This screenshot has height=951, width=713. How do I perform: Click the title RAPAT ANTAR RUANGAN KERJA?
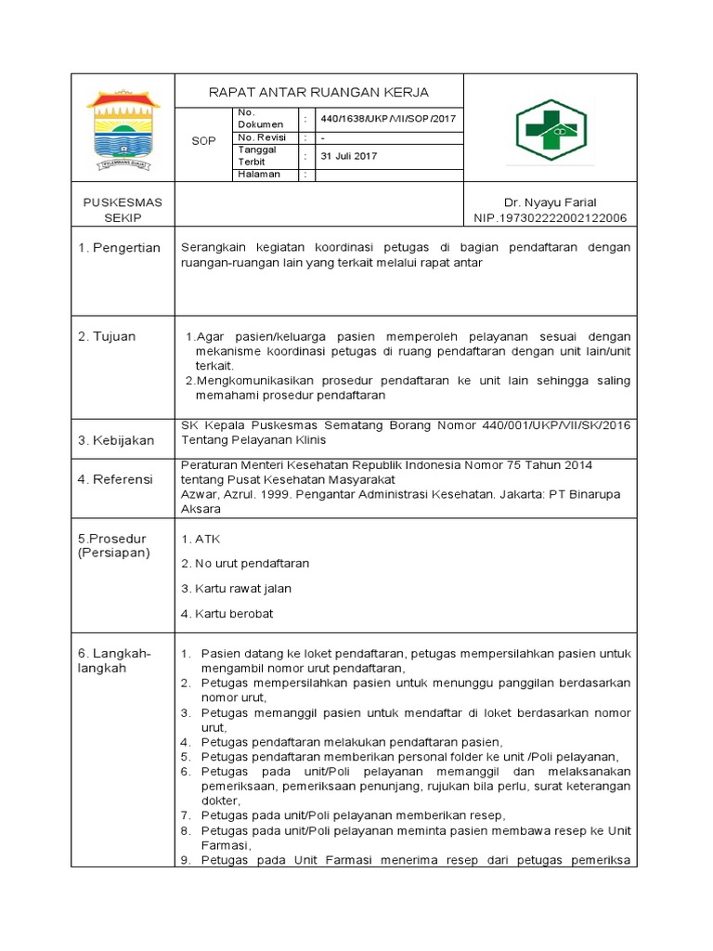318,92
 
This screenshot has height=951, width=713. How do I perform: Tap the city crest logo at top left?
123,129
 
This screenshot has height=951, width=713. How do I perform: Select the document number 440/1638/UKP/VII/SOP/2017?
387,119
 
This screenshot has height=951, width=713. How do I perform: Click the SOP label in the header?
203,141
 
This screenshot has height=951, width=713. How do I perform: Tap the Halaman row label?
259,174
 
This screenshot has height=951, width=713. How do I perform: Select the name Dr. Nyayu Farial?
550,202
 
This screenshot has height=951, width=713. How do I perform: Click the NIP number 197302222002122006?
550,217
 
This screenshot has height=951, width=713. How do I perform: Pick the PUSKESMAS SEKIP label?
123,210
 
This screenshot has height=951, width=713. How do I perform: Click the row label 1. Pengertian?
120,247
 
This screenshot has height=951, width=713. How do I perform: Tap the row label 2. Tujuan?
107,336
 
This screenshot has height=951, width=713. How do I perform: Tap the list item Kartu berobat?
227,613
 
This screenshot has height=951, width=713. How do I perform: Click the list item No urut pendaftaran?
246,563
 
